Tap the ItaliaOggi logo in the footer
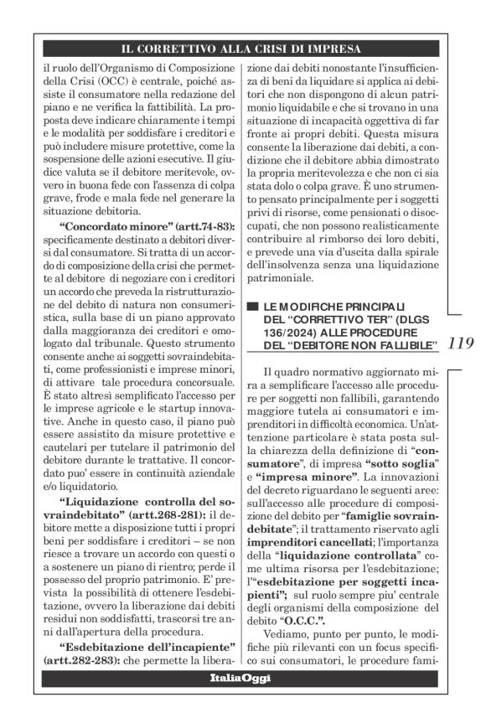243,700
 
